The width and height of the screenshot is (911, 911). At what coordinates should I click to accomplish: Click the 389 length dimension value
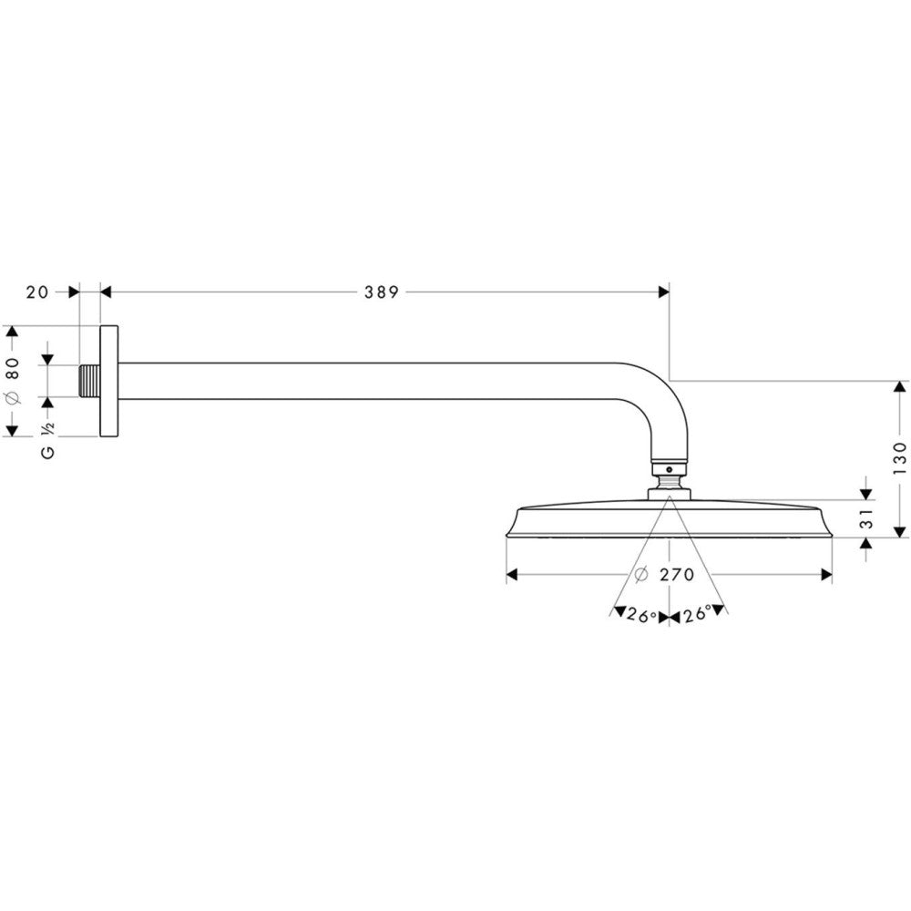coord(382,292)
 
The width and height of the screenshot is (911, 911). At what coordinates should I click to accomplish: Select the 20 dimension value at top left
coord(37,292)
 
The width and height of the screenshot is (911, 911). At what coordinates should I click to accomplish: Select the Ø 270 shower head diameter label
coord(664,575)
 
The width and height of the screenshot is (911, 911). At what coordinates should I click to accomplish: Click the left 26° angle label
coord(641,615)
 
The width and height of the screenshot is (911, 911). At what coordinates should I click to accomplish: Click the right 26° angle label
coord(698,615)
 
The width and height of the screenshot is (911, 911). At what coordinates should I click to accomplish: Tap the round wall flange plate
coord(108,381)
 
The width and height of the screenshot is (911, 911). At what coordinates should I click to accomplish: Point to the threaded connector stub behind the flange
coord(89,381)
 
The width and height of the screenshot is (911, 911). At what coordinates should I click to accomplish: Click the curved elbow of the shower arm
coord(670,410)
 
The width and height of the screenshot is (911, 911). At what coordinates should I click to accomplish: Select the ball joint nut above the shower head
coord(670,475)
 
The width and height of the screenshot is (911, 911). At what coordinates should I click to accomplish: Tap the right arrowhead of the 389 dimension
coord(663,292)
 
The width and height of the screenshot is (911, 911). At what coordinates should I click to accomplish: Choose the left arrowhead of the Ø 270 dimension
coord(512,575)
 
